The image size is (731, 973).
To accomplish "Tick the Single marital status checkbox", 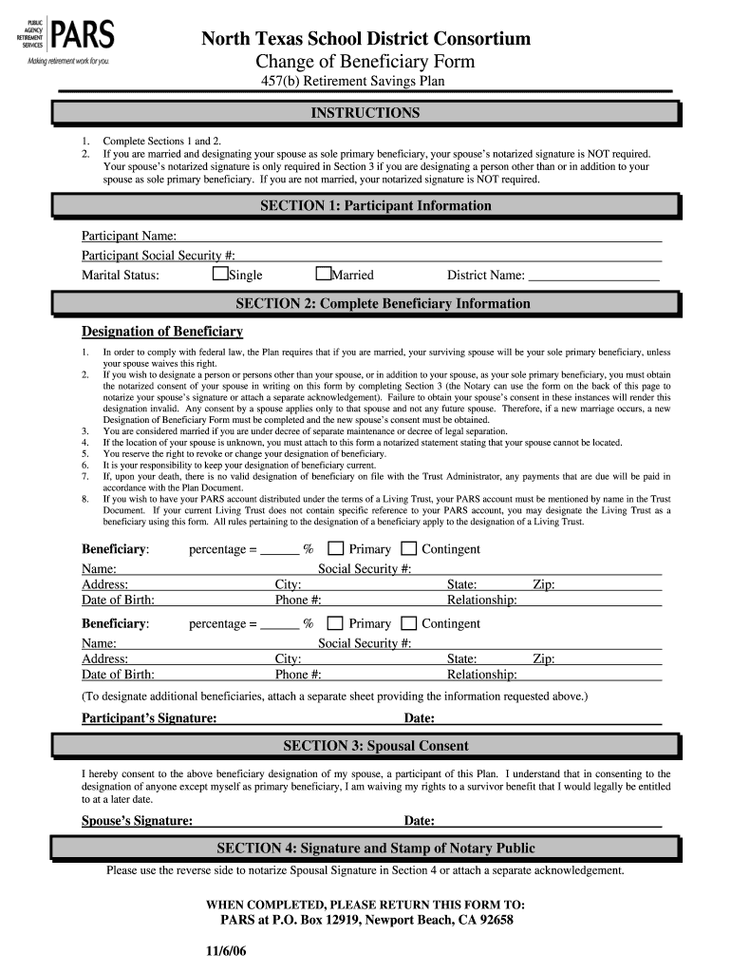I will point(220,275).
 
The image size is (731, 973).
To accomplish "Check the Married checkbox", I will point(323,275).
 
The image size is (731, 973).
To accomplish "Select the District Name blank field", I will point(593,276).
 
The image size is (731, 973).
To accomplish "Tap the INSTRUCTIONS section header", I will point(365,114).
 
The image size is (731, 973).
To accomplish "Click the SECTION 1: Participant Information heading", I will point(365,206).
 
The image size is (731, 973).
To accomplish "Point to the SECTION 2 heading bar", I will point(365,304).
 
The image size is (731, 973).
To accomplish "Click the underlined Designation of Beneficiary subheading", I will point(162,332).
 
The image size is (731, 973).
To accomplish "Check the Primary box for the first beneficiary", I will point(336,548).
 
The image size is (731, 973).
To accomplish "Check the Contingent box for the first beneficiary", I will point(408,548).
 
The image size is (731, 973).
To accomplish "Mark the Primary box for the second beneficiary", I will point(336,623).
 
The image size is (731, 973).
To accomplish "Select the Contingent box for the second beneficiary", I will point(408,623).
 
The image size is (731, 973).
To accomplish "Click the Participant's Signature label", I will point(149,718).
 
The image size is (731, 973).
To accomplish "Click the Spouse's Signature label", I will point(138,821).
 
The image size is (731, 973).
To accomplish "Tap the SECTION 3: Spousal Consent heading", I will point(365,747).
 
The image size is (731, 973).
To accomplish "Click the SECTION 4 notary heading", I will point(365,849).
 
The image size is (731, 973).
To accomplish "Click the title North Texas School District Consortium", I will point(365,39).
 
